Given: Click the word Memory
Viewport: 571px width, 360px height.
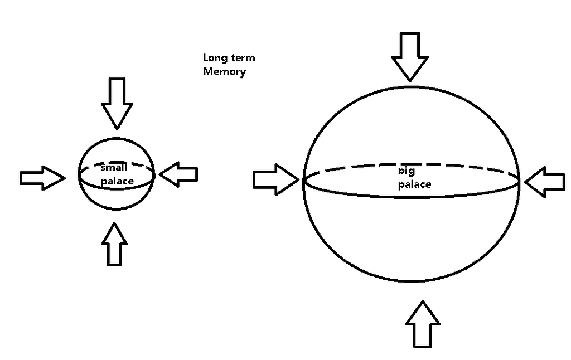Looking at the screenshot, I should click(x=224, y=71).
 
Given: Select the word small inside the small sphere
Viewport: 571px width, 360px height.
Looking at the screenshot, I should click(x=114, y=168).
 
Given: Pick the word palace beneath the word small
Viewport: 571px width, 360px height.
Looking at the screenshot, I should click(x=117, y=181).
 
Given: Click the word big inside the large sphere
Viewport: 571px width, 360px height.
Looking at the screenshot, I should click(x=407, y=171).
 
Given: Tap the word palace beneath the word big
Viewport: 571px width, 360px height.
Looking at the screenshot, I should click(x=414, y=184).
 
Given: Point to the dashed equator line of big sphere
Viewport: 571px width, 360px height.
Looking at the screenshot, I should click(x=468, y=168).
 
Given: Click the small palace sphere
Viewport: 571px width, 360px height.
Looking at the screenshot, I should click(x=117, y=198).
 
